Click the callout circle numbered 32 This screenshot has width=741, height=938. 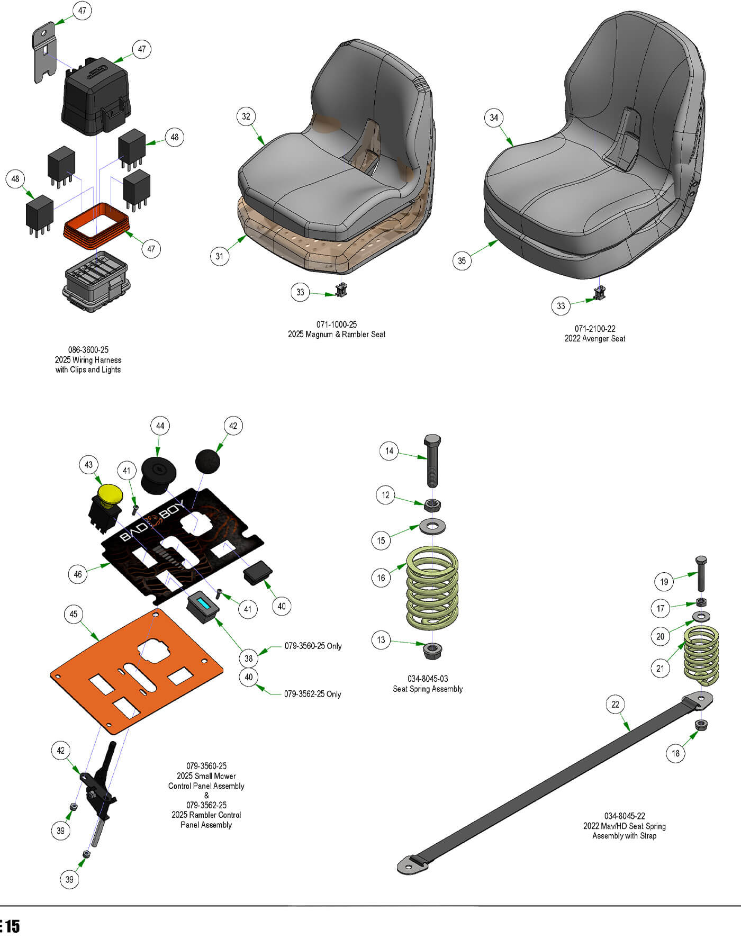pyautogui.click(x=246, y=116)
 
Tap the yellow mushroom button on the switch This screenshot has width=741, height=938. pyautogui.click(x=110, y=493)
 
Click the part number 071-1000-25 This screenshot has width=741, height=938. pyautogui.click(x=337, y=324)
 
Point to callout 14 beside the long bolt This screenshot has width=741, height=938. pyautogui.click(x=389, y=451)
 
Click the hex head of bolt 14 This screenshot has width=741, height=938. pyautogui.click(x=432, y=440)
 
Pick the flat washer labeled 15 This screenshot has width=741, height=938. pyautogui.click(x=432, y=526)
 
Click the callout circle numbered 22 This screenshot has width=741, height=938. pyautogui.click(x=615, y=705)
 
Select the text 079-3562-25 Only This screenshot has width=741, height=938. pyautogui.click(x=312, y=694)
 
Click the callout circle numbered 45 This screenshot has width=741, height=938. pyautogui.click(x=74, y=614)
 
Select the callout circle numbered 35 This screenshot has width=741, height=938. pyautogui.click(x=462, y=260)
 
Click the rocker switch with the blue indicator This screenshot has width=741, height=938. pyautogui.click(x=203, y=605)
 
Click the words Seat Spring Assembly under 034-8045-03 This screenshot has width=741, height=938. pyautogui.click(x=428, y=689)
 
